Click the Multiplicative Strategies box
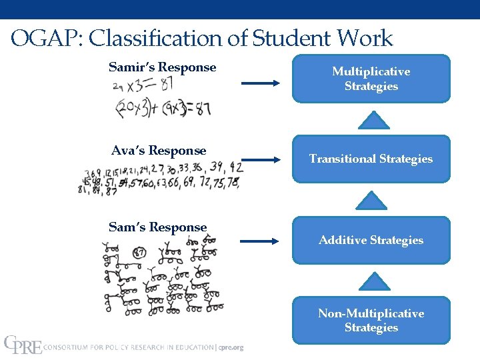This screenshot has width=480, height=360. (x=371, y=79)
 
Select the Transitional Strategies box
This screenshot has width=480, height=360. (x=371, y=159)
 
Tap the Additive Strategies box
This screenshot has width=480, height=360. (x=371, y=240)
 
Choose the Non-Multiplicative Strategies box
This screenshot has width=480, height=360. (x=371, y=321)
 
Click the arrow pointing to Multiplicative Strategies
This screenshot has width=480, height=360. (x=261, y=83)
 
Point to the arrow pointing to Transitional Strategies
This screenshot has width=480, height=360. (x=261, y=159)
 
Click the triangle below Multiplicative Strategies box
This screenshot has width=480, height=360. (x=373, y=120)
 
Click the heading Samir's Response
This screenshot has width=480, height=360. (x=162, y=67)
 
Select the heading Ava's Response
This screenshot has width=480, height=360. (x=159, y=151)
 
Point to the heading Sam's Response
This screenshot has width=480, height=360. (x=158, y=227)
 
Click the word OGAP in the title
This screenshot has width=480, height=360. (x=43, y=39)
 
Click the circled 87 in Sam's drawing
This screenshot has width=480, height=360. (x=139, y=253)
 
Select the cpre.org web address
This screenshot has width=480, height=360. (x=231, y=347)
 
